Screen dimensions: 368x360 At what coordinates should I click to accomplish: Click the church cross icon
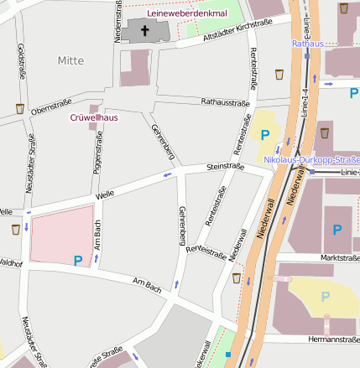(144, 31)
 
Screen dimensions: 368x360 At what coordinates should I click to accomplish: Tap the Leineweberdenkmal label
(187, 14)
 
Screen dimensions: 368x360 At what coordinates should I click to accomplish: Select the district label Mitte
(71, 60)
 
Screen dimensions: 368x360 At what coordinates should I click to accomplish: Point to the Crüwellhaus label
(93, 117)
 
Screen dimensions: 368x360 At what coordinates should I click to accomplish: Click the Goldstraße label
(19, 61)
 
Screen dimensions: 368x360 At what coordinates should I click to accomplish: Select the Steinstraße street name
(225, 167)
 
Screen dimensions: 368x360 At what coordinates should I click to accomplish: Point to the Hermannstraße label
(334, 339)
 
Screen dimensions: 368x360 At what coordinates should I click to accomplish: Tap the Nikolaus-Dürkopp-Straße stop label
(311, 159)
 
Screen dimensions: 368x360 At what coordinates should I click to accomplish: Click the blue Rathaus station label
(307, 43)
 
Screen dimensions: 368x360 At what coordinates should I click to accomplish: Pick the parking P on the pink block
(78, 261)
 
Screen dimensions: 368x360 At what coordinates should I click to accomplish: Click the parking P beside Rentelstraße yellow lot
(266, 134)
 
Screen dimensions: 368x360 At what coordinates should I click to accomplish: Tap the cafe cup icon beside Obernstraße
(19, 108)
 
